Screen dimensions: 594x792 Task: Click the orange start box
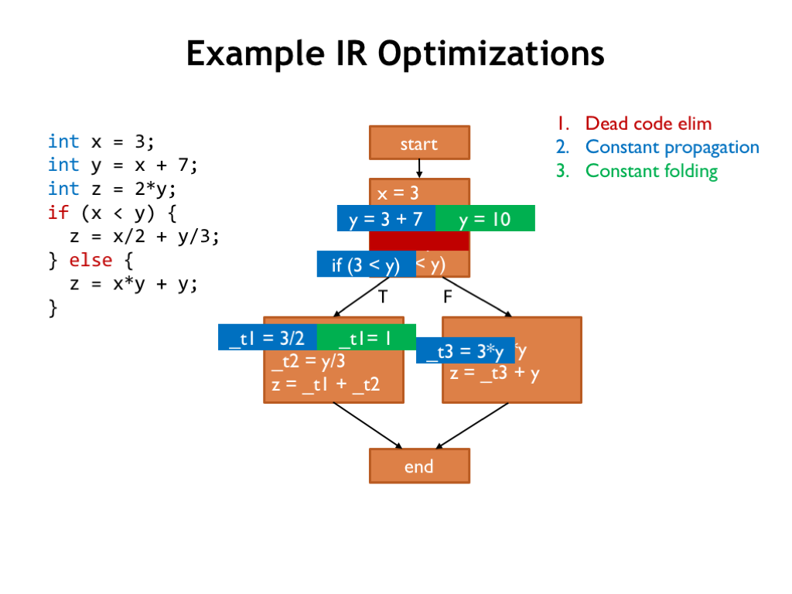(x=419, y=143)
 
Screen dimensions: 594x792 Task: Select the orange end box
(x=419, y=466)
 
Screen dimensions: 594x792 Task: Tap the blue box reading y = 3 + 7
(x=386, y=219)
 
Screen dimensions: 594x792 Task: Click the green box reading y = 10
(x=485, y=219)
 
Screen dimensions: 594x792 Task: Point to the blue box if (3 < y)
(x=366, y=265)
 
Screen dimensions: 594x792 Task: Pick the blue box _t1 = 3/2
(x=267, y=337)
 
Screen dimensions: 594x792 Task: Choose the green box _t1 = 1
(x=366, y=337)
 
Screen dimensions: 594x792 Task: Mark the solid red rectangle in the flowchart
(x=419, y=241)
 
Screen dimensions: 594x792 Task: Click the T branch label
(x=382, y=296)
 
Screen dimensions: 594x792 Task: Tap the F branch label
(x=448, y=296)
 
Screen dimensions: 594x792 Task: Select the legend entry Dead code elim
(x=648, y=124)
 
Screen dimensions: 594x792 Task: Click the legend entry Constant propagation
(x=672, y=147)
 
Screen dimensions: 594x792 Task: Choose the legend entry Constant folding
(x=651, y=171)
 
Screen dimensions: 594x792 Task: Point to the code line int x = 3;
(x=101, y=142)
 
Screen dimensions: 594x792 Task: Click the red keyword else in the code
(x=90, y=260)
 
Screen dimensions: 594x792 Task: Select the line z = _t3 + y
(x=495, y=373)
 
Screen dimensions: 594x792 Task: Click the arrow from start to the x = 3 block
(x=419, y=169)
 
